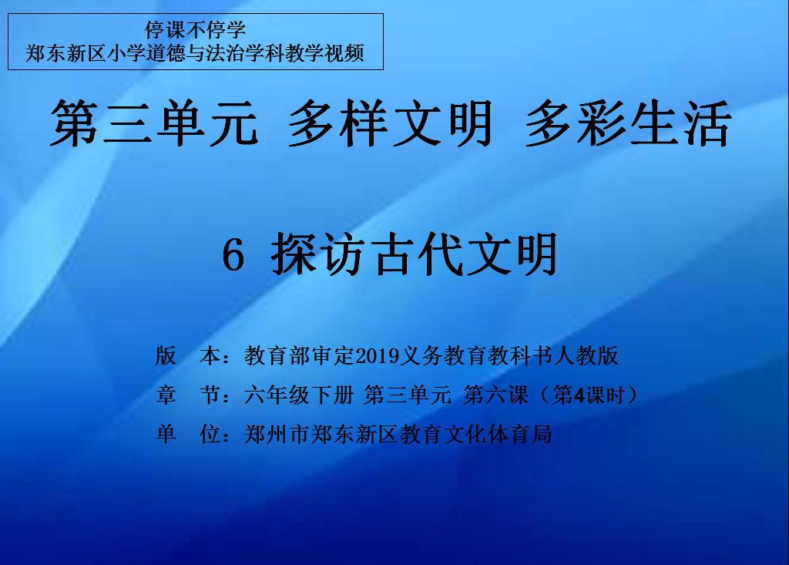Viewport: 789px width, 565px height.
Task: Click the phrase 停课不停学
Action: coord(195,30)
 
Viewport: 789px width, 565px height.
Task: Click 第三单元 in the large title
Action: coord(154,123)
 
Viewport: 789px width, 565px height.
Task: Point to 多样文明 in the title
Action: coord(390,123)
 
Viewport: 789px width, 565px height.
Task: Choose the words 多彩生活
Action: coord(628,123)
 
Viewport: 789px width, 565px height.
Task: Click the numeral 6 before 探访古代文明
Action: coord(233,255)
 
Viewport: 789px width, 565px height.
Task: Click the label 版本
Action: coord(188,355)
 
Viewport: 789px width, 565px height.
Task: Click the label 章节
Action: coord(188,395)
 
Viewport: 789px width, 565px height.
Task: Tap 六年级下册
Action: coord(299,395)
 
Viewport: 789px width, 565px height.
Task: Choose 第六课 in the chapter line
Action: coord(495,395)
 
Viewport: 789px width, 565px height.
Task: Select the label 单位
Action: coord(188,434)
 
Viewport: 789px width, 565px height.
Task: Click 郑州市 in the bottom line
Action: coord(277,434)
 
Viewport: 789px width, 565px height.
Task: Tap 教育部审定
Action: coord(300,355)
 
